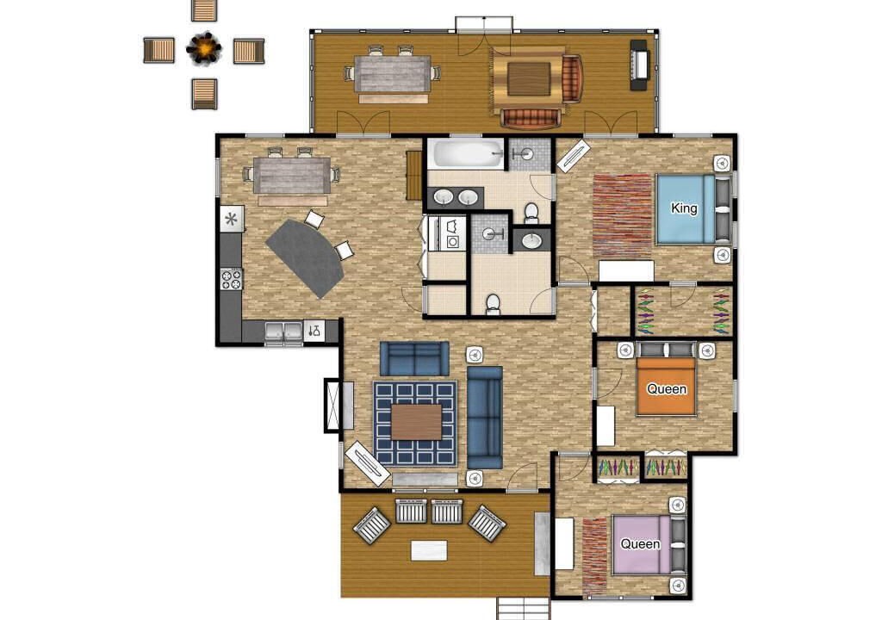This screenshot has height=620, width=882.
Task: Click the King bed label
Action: [684, 208]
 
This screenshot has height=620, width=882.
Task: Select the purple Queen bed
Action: [649, 544]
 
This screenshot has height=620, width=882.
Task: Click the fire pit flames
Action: [204, 49]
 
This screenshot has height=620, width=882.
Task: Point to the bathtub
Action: [466, 153]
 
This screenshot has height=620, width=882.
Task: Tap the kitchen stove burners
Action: [231, 279]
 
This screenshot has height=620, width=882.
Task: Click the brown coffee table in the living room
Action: [417, 422]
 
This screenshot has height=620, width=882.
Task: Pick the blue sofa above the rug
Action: [414, 358]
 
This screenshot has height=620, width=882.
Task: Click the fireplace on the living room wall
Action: [333, 405]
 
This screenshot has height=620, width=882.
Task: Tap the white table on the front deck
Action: [429, 550]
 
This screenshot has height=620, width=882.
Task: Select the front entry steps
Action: [523, 608]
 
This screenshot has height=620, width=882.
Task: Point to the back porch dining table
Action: [393, 74]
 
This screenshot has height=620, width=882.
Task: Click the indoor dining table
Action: [292, 177]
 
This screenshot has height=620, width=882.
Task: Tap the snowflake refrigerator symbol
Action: [231, 219]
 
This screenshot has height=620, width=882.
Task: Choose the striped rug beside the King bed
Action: [622, 214]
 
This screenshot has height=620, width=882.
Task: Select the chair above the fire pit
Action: [203, 10]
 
